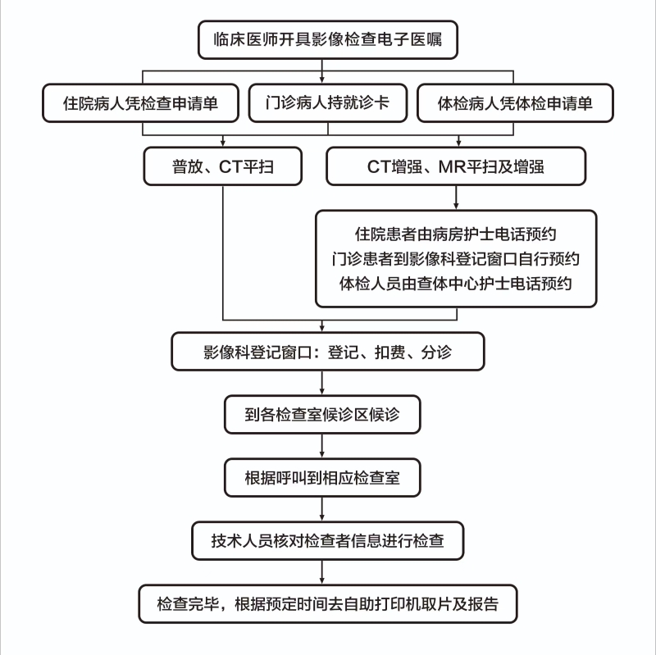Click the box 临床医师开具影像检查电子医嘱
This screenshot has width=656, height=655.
(327, 39)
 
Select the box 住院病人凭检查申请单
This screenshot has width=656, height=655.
(140, 103)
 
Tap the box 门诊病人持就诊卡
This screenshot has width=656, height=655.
(327, 103)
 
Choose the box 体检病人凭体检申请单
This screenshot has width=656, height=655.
(515, 103)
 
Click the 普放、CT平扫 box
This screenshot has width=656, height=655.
(222, 166)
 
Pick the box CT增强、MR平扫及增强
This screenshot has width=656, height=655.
(456, 166)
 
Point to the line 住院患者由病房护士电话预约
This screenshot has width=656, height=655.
(456, 234)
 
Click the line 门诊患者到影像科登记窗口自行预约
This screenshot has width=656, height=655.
(456, 259)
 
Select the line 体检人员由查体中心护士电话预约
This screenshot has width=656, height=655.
(456, 284)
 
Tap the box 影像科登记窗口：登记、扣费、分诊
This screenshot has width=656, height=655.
(327, 352)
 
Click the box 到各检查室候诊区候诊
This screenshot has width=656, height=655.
(322, 415)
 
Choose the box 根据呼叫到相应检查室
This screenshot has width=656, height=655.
(322, 478)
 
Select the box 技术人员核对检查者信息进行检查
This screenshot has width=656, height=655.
(327, 541)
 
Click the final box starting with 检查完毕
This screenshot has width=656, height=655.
(327, 604)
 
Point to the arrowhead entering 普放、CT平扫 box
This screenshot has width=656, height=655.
(222, 143)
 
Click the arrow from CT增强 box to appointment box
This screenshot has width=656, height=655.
(456, 198)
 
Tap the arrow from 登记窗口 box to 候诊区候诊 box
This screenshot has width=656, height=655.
(321, 383)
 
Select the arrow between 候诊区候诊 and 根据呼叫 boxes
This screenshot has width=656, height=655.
(321, 446)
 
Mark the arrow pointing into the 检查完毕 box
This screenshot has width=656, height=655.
(321, 572)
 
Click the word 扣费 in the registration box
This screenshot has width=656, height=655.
(390, 353)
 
